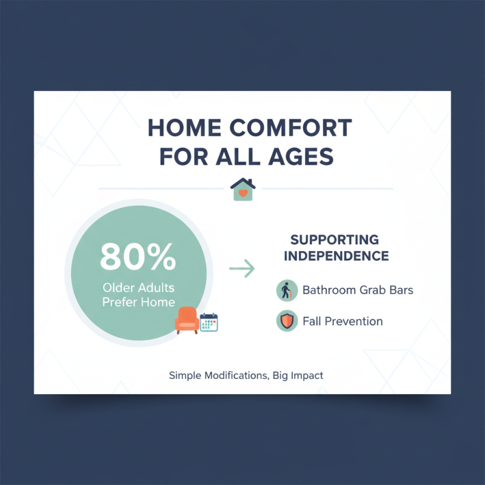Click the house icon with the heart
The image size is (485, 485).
243,189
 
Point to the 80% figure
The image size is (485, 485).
138,258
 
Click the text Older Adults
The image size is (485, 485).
138,287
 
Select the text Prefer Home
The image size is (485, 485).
138,302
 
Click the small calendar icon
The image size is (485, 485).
209,322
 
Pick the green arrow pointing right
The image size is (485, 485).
242,269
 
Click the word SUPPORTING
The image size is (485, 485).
335,239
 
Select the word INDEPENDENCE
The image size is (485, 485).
336,255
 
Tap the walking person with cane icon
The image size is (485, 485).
287,290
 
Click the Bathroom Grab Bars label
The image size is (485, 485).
358,290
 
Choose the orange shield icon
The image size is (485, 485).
287,321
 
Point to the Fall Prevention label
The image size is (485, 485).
343,321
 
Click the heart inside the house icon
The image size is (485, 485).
243,193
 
